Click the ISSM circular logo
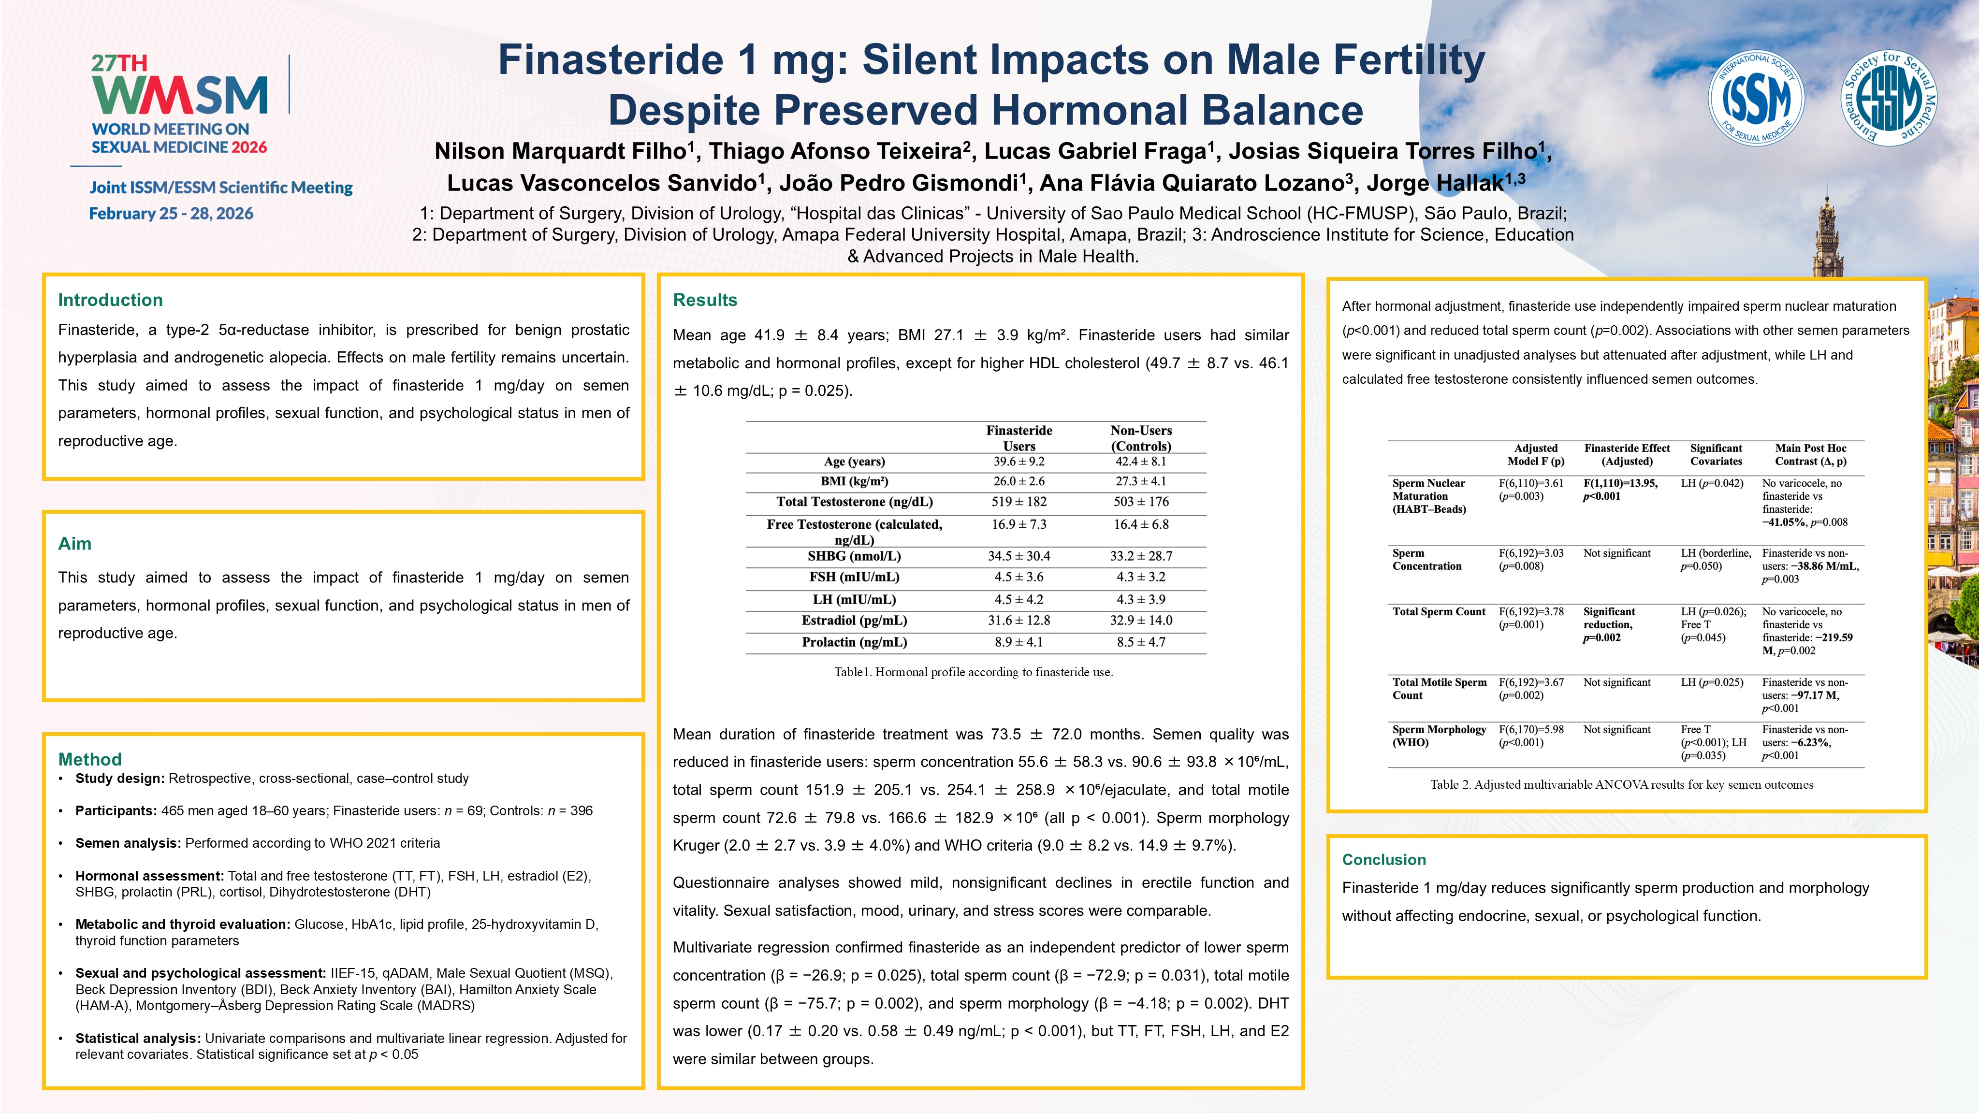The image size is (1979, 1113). point(1756,98)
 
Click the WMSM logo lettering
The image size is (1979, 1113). point(180,95)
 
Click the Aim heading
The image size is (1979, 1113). point(74,544)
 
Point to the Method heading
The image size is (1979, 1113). point(90,759)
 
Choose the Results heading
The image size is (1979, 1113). point(704,300)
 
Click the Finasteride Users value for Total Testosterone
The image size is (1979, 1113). point(1019,502)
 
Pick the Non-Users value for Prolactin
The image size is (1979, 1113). point(1141,642)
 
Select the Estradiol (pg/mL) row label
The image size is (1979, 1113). point(854,621)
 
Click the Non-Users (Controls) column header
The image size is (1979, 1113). point(1141,438)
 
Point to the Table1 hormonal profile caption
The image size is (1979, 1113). point(974,672)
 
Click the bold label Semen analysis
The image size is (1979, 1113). point(128,843)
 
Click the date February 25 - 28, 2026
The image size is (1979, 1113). point(171,214)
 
